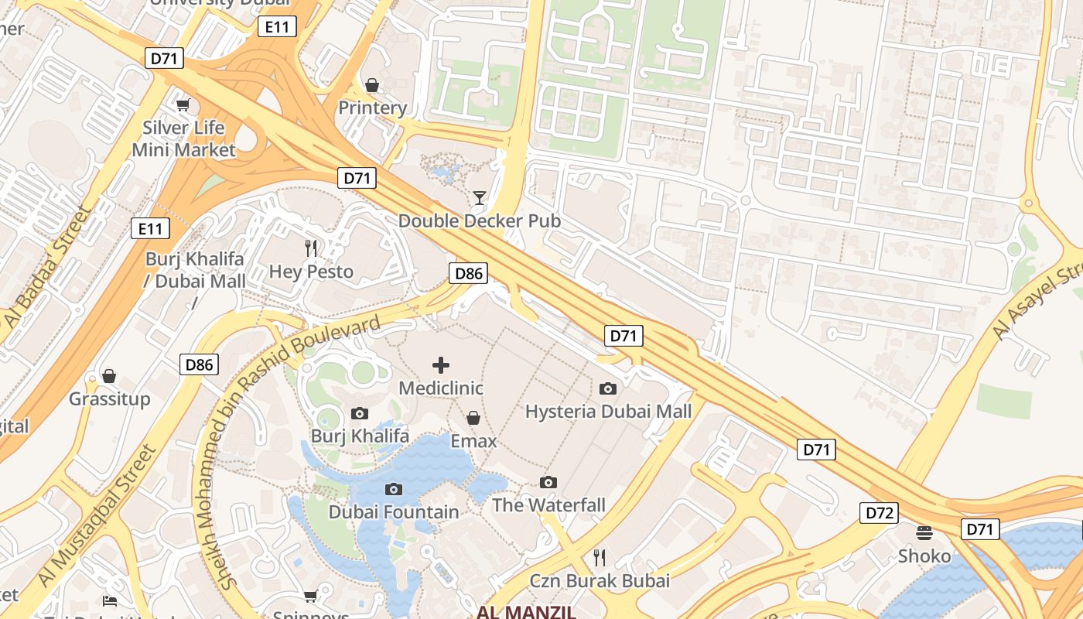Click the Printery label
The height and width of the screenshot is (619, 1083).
372,108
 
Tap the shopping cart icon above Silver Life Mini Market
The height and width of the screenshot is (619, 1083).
183,104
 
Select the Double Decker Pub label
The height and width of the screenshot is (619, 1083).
479,221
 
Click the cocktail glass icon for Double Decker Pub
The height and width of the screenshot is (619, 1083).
480,198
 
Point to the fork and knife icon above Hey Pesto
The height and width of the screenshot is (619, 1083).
311,248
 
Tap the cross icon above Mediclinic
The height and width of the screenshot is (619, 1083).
441,364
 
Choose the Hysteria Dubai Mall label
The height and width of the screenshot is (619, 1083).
608,411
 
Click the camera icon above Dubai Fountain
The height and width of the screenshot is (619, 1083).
394,489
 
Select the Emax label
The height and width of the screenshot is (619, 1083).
473,440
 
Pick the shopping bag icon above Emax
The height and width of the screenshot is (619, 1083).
473,418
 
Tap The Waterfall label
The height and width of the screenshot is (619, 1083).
548,505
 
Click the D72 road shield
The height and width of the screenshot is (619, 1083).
880,512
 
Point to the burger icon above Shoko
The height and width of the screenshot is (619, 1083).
924,533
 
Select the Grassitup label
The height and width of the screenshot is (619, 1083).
109,399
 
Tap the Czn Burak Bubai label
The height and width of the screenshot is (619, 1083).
599,580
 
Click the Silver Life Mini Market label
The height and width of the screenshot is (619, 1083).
183,139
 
